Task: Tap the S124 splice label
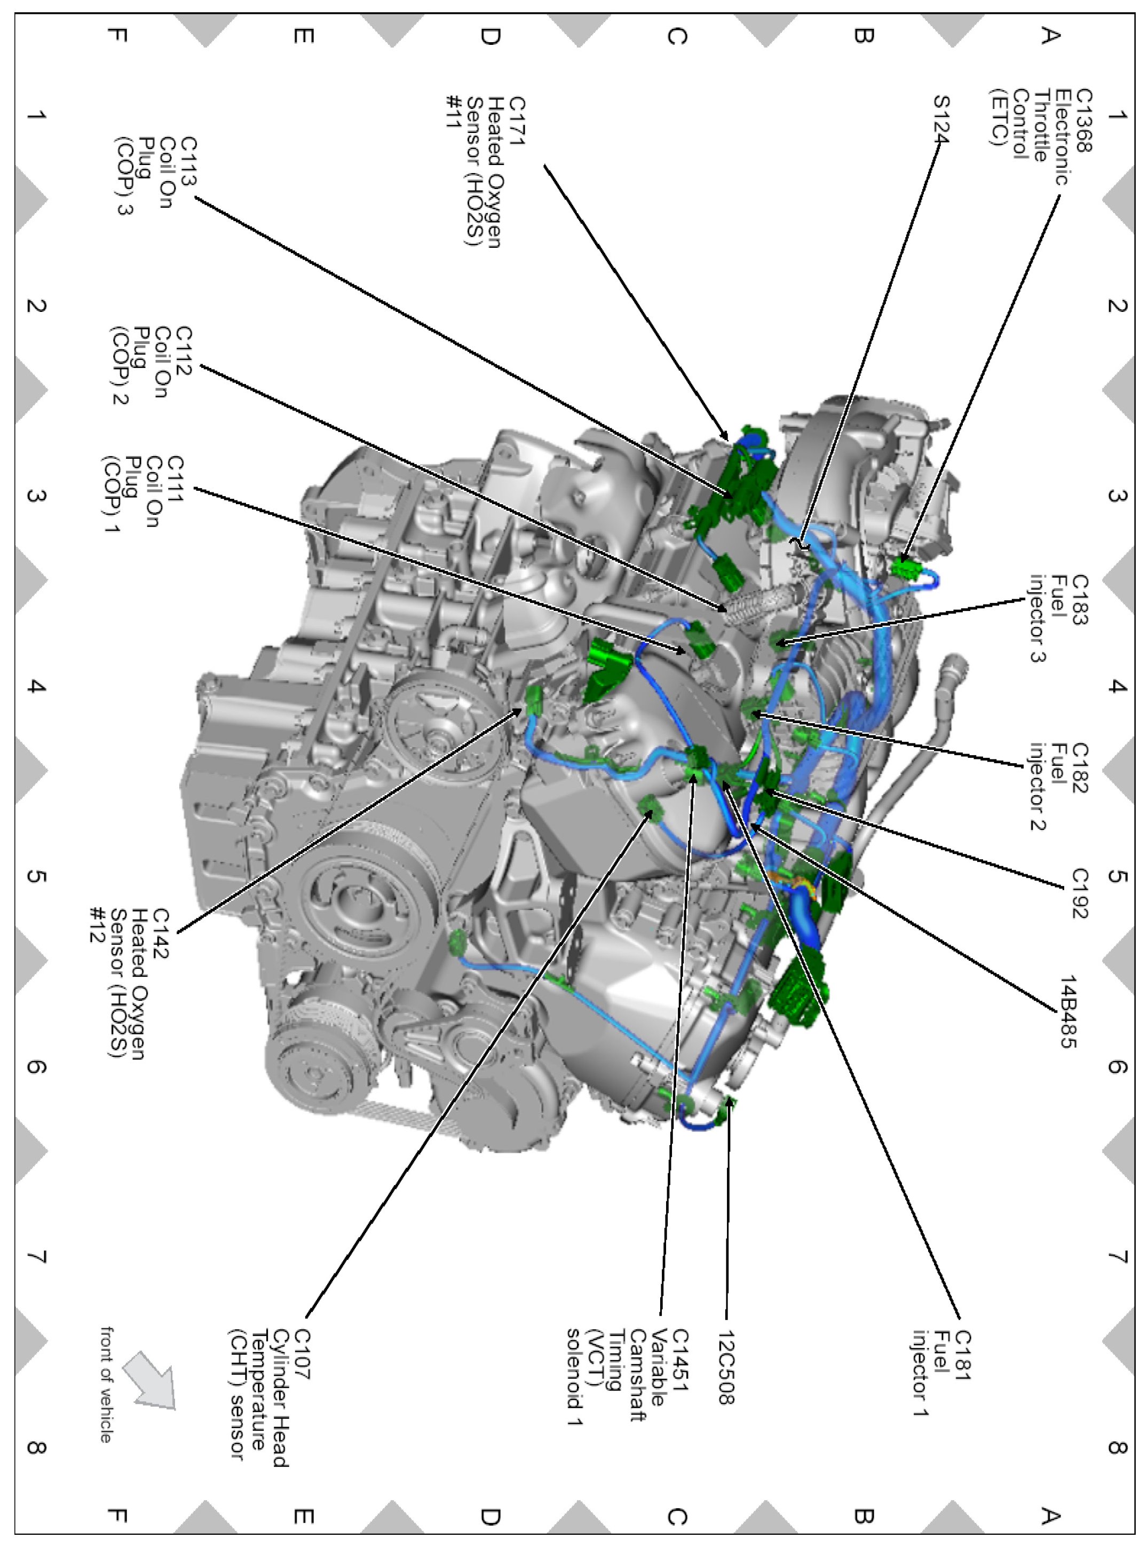pos(940,120)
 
